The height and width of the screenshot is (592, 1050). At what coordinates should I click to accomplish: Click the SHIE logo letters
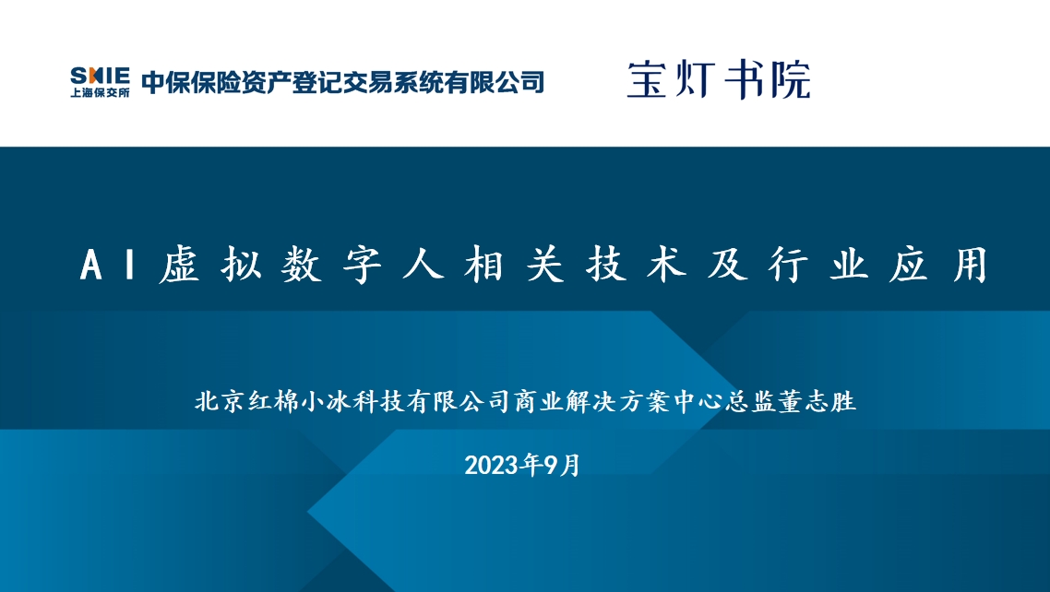coord(100,76)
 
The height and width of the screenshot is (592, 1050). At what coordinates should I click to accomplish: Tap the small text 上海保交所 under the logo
coord(100,92)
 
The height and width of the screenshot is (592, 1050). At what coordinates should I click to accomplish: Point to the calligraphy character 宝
coord(648,79)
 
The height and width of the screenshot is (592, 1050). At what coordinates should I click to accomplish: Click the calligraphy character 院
coord(791,79)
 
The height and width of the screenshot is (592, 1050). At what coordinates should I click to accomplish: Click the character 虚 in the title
coord(180,265)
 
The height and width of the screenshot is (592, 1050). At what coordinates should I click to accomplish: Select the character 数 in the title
coord(302,265)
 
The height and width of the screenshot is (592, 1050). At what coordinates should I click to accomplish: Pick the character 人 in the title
coord(424,265)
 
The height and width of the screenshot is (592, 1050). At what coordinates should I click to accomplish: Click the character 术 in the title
coord(666,265)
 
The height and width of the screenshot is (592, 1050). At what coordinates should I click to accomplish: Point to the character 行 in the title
coord(788,265)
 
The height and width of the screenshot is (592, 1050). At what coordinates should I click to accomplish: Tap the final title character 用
coord(971,265)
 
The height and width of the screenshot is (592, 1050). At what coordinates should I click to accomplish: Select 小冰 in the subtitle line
coord(326,401)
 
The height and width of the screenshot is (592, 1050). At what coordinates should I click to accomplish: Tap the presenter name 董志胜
coord(817,401)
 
